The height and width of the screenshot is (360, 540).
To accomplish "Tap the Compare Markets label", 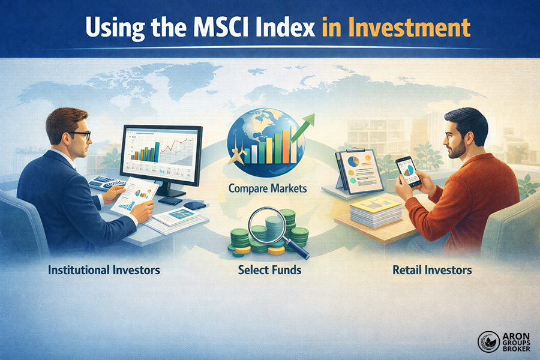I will click(x=268, y=188).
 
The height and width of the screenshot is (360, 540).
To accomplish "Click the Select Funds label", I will click(x=269, y=270).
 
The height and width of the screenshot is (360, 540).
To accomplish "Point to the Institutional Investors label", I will click(x=104, y=270).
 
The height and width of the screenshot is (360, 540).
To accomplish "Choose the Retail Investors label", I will click(x=432, y=270).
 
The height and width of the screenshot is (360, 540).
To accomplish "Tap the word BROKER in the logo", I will click(x=514, y=349).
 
